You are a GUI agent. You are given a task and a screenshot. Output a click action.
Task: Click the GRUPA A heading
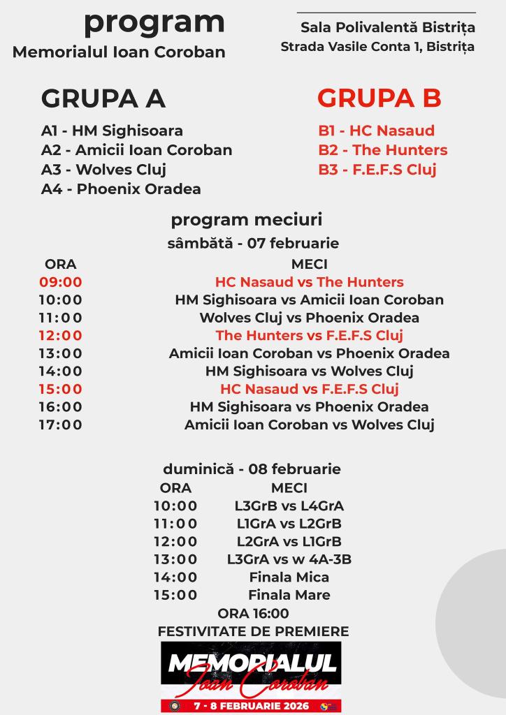point(103,98)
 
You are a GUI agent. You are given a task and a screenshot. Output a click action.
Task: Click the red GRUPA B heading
point(379,98)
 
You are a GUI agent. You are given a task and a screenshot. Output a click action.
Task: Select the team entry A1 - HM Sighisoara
point(112,131)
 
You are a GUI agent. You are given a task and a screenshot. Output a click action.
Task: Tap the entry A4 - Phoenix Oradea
point(121,189)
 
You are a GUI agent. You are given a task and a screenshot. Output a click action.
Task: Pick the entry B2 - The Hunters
point(382,150)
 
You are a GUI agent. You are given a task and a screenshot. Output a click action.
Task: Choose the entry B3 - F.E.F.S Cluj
point(377,170)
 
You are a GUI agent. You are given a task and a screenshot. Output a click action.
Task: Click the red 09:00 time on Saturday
point(61,282)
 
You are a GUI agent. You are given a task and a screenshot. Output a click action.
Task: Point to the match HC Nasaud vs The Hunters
point(309,282)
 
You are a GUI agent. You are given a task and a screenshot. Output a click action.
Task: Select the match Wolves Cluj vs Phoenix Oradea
point(309,318)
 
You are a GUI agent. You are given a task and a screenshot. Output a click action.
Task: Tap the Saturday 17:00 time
point(61,425)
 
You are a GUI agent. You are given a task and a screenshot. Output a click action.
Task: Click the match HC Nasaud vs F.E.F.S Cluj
point(309,389)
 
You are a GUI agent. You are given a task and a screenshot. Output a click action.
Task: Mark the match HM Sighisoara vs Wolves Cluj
point(309,371)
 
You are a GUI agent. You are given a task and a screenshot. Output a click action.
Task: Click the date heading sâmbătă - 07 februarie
point(253,244)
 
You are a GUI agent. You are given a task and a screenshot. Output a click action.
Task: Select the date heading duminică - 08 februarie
point(252,469)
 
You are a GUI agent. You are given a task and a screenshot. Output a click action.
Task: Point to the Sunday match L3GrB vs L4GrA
point(289,506)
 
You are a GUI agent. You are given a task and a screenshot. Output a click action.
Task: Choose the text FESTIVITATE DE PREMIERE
point(253,631)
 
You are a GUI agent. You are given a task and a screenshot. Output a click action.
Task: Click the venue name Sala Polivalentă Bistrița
point(387,28)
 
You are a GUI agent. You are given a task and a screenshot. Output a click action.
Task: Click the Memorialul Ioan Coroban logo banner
point(252,676)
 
